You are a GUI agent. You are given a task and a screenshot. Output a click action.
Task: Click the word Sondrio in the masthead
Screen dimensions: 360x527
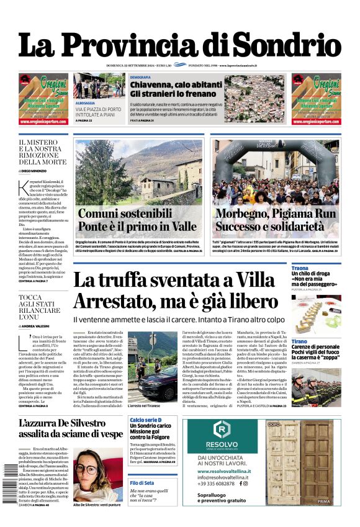[x=290, y=46]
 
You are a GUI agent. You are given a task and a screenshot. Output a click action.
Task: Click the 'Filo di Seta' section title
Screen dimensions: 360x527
[x=142, y=483]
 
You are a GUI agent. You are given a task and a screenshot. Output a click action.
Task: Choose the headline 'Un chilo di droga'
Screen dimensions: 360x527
[x=313, y=274]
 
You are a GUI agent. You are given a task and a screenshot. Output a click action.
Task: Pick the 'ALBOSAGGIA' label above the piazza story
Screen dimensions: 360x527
[x=85, y=104]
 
